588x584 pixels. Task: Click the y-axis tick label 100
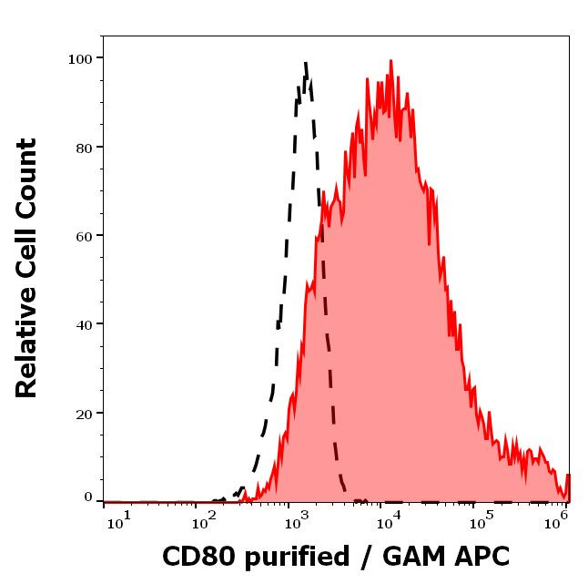point(80,59)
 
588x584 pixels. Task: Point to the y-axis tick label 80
point(84,148)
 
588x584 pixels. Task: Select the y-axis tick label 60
point(84,236)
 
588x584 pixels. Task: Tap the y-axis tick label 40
point(84,324)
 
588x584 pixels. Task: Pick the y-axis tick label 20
point(84,414)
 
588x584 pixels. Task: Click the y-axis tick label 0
point(88,497)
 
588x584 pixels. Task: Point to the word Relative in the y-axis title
point(27,346)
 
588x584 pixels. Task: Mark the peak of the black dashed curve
point(306,62)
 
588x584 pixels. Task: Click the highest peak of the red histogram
point(390,61)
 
